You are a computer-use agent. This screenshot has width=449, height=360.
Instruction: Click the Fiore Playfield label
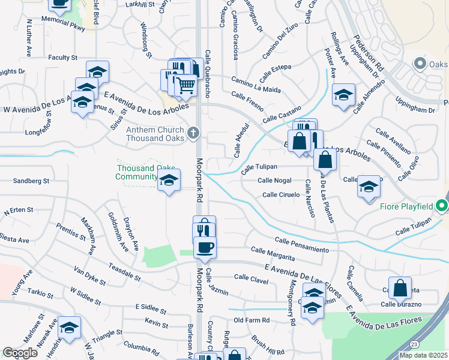click(x=406, y=207)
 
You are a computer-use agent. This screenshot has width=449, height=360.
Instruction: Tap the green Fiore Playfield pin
click(x=442, y=206)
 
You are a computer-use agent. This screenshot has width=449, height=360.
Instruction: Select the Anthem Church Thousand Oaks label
click(x=155, y=134)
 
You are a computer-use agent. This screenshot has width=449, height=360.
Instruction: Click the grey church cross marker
click(x=193, y=133)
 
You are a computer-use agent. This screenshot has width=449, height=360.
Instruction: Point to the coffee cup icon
click(x=205, y=247)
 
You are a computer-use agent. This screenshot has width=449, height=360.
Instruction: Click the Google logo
click(x=20, y=353)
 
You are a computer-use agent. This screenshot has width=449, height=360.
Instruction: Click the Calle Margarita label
click(x=273, y=254)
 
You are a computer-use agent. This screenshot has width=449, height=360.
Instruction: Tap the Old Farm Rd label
click(x=252, y=320)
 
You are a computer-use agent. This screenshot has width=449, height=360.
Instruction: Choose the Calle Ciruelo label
click(x=281, y=194)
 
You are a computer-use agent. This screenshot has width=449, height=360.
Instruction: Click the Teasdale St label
click(x=124, y=272)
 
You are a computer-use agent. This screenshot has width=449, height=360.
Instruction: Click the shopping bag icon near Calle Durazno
click(x=400, y=289)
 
